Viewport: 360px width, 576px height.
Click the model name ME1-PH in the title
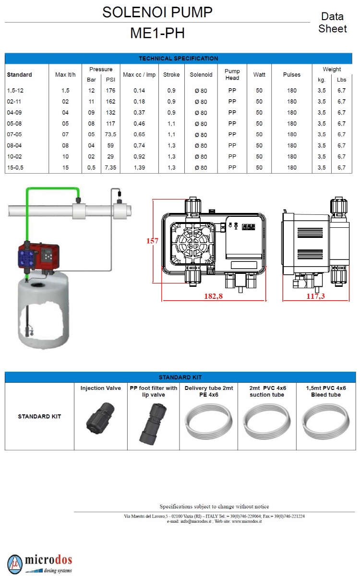[x=157, y=33]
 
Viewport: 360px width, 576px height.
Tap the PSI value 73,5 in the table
[x=111, y=134]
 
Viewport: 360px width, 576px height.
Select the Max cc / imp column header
[x=139, y=75]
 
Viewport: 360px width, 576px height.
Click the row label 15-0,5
[x=15, y=167]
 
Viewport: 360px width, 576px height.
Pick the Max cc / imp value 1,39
[x=139, y=167]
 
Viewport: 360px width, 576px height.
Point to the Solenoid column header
[x=201, y=75]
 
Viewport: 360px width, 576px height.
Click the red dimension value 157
[x=152, y=241]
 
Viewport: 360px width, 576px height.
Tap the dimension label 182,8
[x=214, y=296]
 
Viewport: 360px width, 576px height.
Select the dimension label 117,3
[x=315, y=296]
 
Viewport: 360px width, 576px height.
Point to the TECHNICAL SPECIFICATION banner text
[x=178, y=59]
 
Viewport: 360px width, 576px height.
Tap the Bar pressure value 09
[x=91, y=112]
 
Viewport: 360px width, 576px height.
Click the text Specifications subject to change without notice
[x=214, y=506]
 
